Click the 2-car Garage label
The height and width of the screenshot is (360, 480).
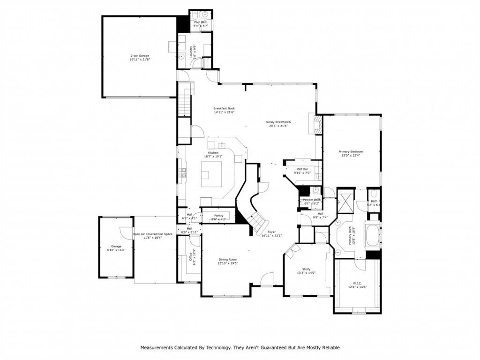(x=140, y=56)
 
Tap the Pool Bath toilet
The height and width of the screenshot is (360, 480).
(x=195, y=15)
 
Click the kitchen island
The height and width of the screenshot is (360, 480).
(x=211, y=174)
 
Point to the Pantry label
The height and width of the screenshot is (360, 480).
(x=218, y=216)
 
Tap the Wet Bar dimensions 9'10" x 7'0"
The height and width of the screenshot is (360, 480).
(x=302, y=173)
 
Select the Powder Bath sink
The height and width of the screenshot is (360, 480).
(x=316, y=190)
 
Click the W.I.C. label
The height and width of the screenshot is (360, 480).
(x=358, y=283)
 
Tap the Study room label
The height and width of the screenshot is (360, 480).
(x=307, y=269)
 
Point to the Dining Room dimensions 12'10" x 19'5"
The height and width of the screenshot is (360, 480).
(x=227, y=263)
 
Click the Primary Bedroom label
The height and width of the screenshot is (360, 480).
(x=351, y=152)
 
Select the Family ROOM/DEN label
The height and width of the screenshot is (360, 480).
(x=278, y=122)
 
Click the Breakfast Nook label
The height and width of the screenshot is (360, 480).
(x=224, y=108)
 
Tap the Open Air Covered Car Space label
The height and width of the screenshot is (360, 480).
(x=152, y=234)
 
